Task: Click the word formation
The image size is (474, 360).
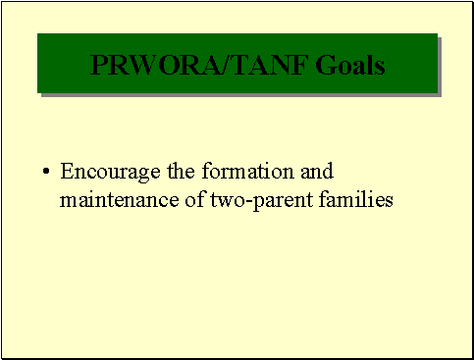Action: [237, 173]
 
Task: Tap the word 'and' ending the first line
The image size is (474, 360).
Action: [317, 173]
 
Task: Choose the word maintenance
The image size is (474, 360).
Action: [118, 200]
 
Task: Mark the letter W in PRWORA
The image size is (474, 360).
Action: [135, 65]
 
